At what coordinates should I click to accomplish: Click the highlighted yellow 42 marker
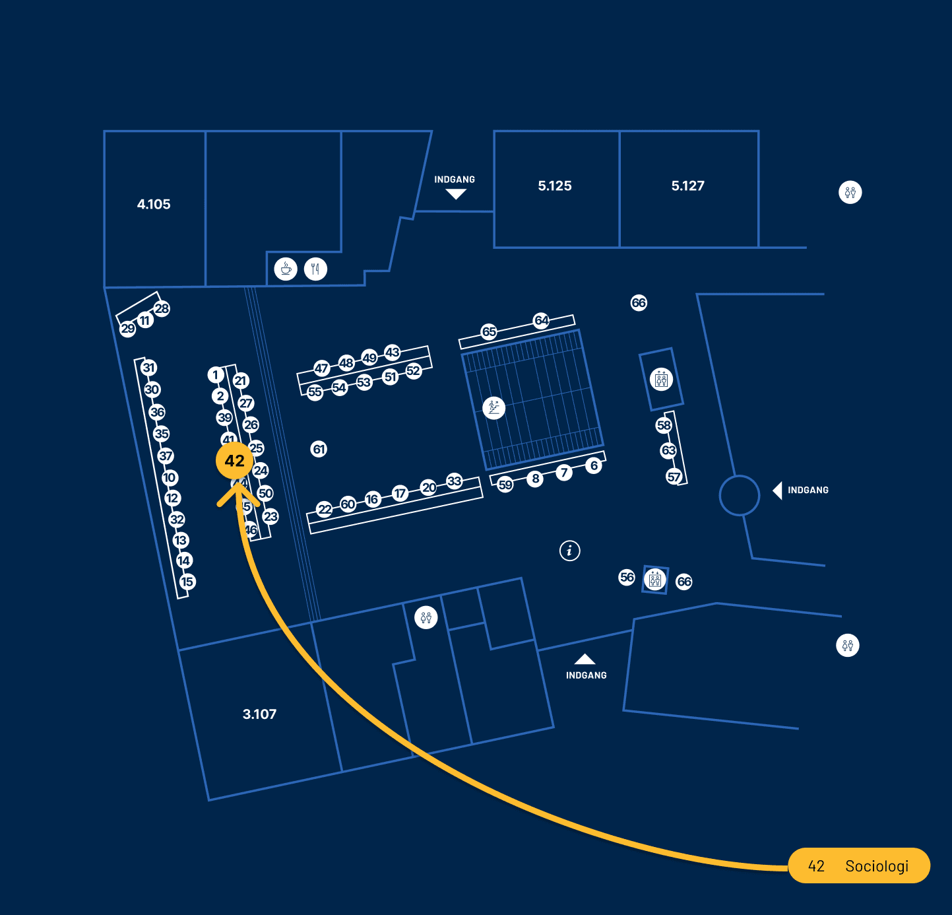(x=235, y=461)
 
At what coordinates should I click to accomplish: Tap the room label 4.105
(x=154, y=205)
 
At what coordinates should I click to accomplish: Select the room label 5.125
(x=555, y=186)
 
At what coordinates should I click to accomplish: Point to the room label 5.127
(x=688, y=186)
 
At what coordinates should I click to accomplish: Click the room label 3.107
(x=259, y=714)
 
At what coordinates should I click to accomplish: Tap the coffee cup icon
(x=286, y=269)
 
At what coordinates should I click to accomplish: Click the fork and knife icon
(x=316, y=269)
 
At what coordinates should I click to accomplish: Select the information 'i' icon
(x=570, y=550)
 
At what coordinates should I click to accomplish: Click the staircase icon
(x=493, y=407)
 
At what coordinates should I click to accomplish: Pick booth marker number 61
(x=319, y=450)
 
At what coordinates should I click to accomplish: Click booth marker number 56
(x=627, y=578)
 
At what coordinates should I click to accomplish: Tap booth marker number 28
(x=162, y=308)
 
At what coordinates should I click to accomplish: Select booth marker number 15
(x=187, y=582)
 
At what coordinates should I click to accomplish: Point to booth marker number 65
(x=489, y=331)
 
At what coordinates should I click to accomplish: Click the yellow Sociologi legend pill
(x=859, y=865)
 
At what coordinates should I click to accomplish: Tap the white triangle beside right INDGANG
(x=778, y=491)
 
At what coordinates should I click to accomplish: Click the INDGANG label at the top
(x=455, y=180)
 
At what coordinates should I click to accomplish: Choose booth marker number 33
(x=455, y=481)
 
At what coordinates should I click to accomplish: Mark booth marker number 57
(x=674, y=477)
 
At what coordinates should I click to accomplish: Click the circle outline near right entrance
(x=740, y=495)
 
